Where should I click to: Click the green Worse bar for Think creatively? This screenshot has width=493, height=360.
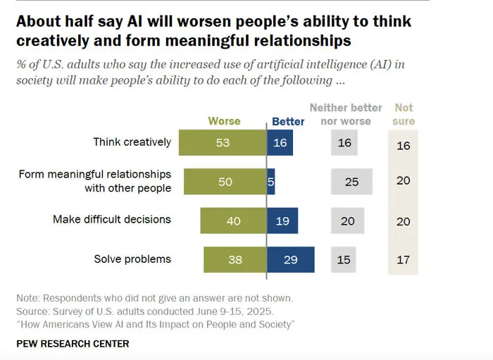[x=223, y=142]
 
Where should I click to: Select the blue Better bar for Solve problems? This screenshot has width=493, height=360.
[x=290, y=259]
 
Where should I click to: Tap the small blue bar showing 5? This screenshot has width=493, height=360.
[x=270, y=182]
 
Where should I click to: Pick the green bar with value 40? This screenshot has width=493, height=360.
[x=233, y=221]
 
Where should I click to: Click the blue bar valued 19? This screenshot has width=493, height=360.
[x=282, y=221]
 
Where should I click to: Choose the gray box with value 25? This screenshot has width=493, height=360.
[x=351, y=182]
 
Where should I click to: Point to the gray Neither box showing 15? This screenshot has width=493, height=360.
[x=344, y=259]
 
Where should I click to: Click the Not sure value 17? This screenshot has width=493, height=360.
[x=403, y=260]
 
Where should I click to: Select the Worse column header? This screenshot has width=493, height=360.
[x=224, y=121]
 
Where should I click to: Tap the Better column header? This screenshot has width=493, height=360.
[x=288, y=121]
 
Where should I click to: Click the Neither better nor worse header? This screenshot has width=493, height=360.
[x=346, y=114]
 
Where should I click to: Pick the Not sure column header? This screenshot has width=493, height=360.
[x=404, y=114]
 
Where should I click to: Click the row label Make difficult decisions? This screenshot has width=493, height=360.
[x=112, y=219]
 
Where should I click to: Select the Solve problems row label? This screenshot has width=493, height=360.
[x=132, y=259]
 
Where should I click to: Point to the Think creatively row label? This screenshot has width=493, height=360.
[x=132, y=142]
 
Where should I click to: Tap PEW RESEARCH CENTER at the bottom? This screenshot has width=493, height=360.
[x=73, y=344]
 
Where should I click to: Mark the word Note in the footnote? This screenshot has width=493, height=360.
[x=28, y=298]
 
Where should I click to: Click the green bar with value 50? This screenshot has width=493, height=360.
[x=225, y=182]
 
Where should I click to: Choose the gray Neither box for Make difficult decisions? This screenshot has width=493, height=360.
[x=347, y=221]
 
